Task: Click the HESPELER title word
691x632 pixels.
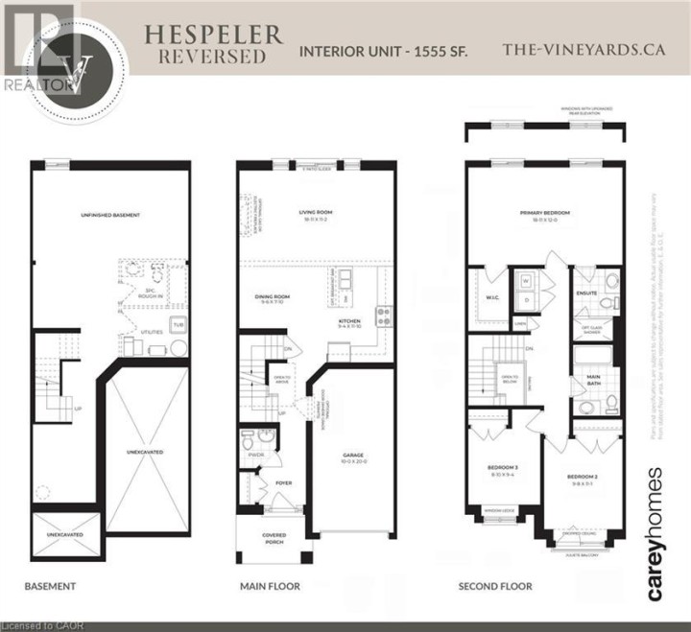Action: (213, 35)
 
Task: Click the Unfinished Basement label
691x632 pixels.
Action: (110, 215)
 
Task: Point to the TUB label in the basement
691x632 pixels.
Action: (177, 325)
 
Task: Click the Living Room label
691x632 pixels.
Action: (316, 214)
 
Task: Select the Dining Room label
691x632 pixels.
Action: (273, 298)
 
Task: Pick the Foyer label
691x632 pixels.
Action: (285, 483)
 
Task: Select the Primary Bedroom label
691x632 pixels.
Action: (545, 214)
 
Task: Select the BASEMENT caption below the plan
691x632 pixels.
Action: (51, 585)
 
